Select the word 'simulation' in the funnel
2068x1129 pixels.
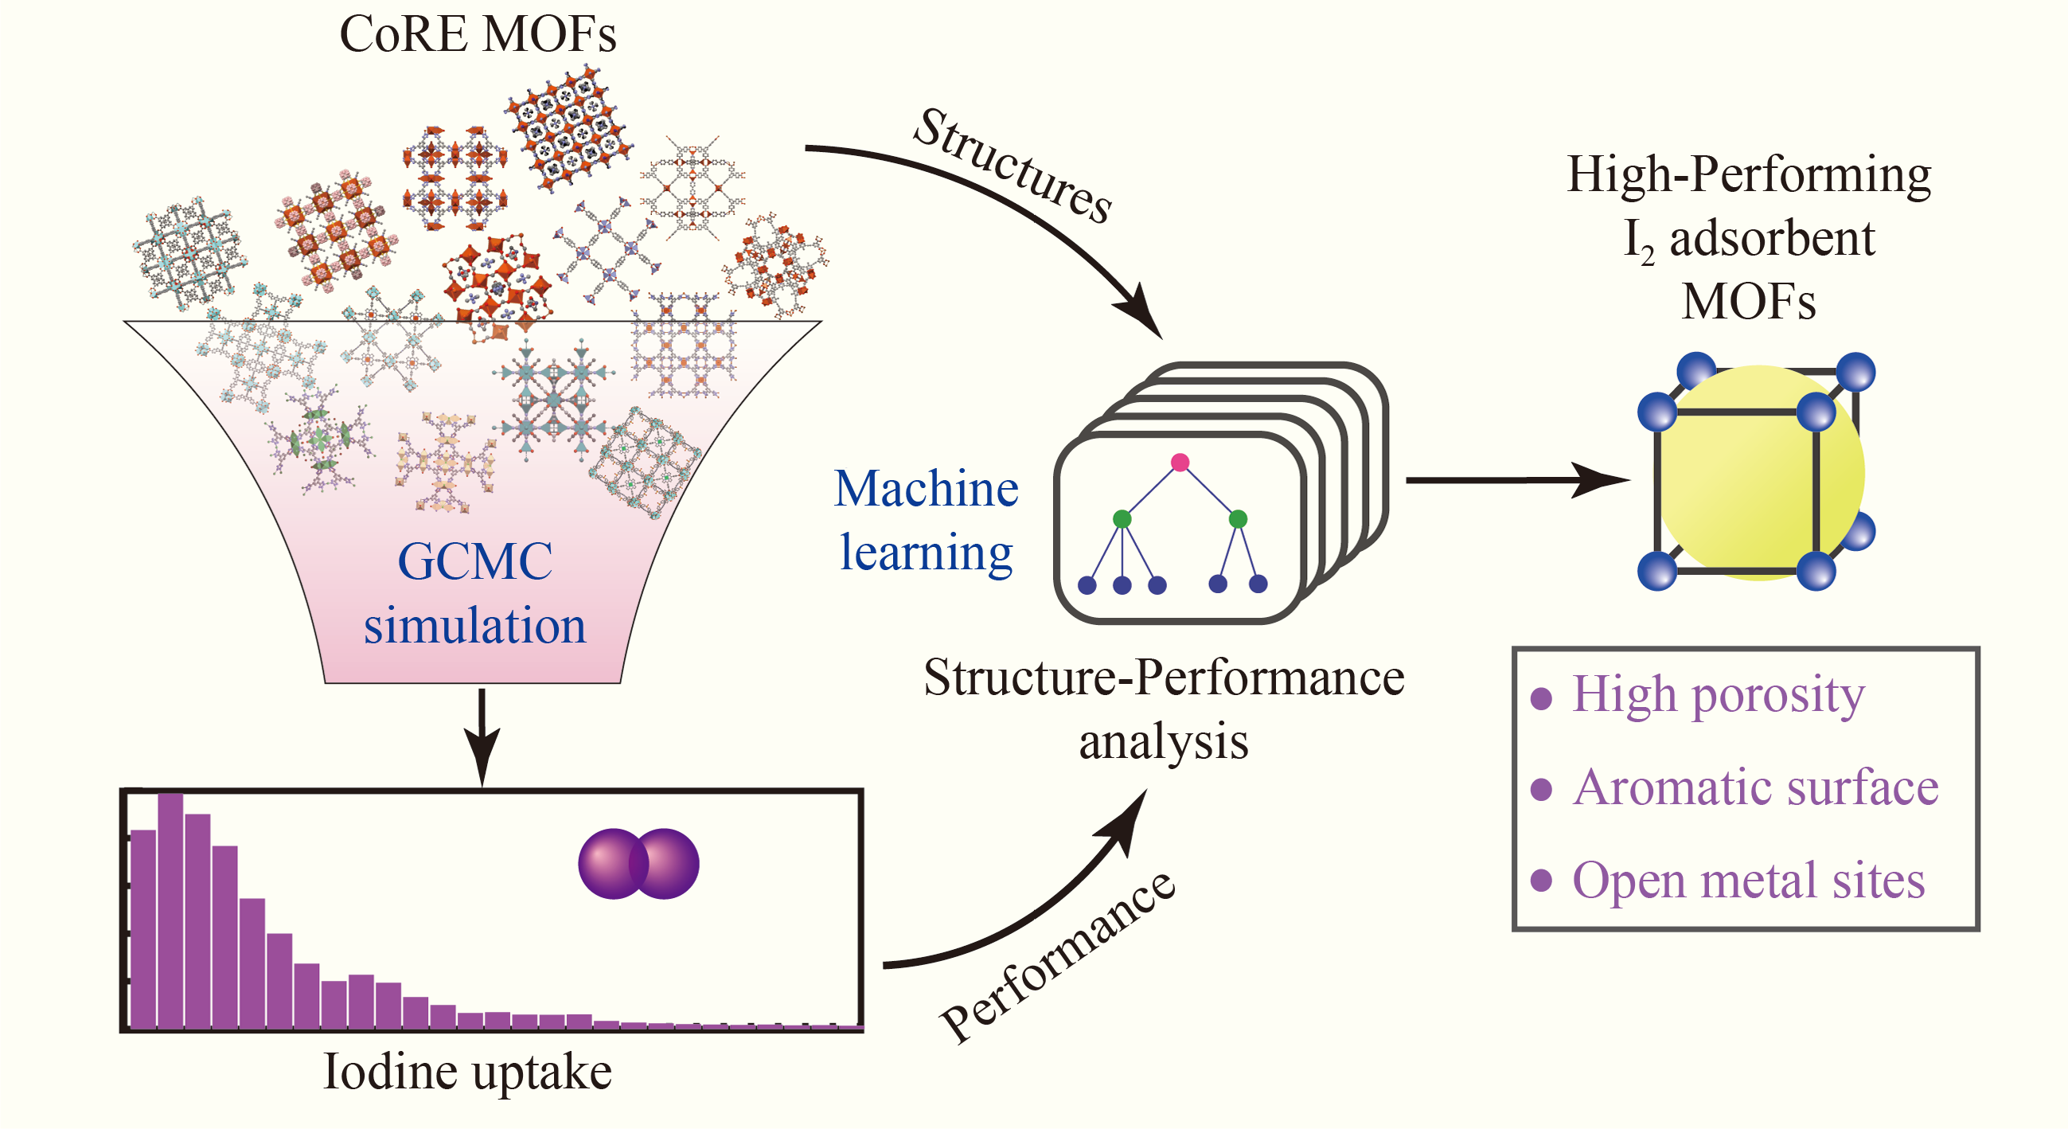point(474,626)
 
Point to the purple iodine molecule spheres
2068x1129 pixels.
point(638,863)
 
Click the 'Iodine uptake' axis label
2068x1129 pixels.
point(467,1071)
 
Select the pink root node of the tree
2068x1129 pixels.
point(1180,462)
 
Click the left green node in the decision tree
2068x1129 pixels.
point(1122,519)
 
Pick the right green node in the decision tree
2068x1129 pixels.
point(1238,519)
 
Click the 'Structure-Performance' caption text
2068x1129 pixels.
point(1163,677)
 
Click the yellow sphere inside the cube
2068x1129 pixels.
point(1758,474)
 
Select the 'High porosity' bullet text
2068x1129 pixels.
point(1718,694)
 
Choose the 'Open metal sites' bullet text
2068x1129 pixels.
point(1748,880)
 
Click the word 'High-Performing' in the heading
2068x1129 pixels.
point(1749,174)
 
